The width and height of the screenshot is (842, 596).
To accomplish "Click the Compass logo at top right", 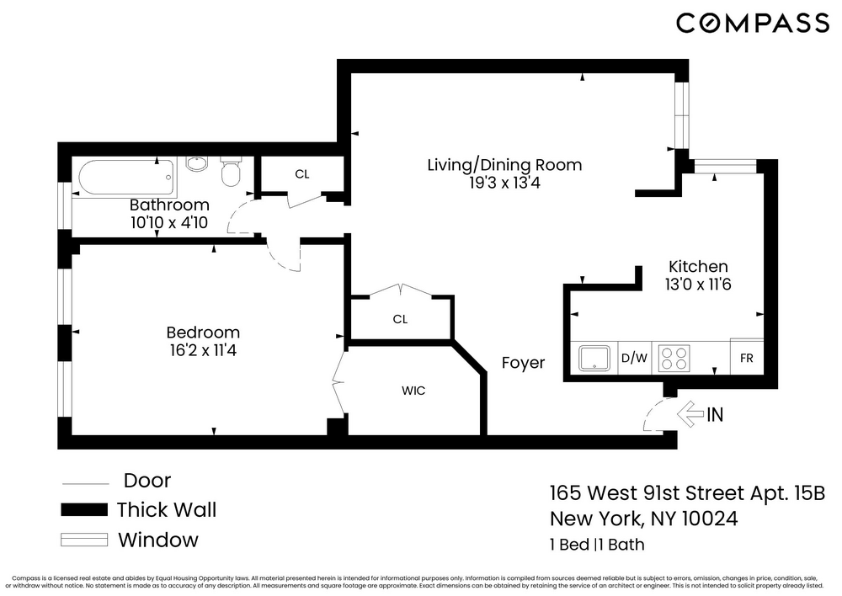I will [752, 24].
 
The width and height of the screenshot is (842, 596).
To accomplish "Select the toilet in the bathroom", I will [230, 173].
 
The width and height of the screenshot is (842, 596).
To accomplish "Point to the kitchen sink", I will [596, 358].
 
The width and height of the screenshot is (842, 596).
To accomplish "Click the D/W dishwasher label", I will [634, 358].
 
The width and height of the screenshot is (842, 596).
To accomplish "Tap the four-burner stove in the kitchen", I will [674, 358].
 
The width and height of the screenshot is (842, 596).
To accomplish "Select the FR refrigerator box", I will [746, 358].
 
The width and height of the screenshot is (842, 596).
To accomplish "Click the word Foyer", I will [523, 363].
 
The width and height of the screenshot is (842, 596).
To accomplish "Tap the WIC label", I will [413, 391].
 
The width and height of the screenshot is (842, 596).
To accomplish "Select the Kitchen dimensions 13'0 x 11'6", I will [697, 285].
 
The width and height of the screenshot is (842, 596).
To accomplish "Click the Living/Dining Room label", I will [504, 165].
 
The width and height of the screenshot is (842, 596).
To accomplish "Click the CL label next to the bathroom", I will [302, 174].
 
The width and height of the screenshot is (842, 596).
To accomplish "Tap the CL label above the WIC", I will [400, 319].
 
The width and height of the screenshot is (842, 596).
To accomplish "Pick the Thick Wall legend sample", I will [84, 509].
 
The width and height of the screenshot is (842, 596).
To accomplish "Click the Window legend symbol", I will [84, 540].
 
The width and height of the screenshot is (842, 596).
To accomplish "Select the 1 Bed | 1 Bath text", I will [597, 544].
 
